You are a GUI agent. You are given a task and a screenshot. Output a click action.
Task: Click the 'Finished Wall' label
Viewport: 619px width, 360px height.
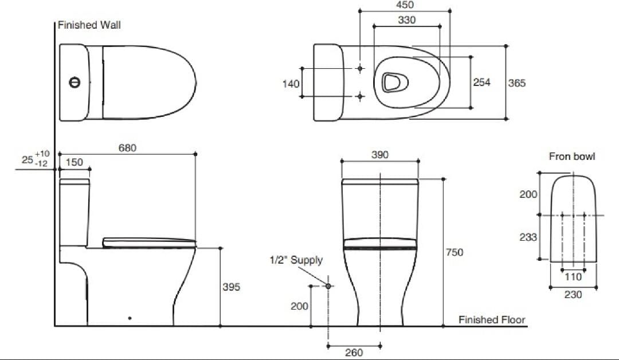(x=89, y=25)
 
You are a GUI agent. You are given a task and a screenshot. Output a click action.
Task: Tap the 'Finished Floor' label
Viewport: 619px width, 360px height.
(x=491, y=320)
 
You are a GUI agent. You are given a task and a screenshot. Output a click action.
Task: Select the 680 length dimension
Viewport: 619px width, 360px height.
(x=127, y=147)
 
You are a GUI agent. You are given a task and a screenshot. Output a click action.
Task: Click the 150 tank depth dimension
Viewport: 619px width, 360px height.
(x=74, y=162)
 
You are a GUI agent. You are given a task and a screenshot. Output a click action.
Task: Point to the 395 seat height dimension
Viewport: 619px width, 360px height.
(x=232, y=287)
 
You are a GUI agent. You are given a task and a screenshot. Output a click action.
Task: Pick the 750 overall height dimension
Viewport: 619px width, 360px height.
(x=455, y=252)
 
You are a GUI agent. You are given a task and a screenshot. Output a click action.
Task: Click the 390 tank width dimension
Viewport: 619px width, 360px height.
(x=380, y=155)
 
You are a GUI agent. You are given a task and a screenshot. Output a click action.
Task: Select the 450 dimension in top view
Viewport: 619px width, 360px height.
(x=405, y=5)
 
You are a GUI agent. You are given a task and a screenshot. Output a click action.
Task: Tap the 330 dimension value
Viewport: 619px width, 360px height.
(x=407, y=20)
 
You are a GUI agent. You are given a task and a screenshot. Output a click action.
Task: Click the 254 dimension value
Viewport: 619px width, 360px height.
(x=482, y=83)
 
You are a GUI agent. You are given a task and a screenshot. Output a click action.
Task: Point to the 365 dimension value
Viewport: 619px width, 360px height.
(x=516, y=83)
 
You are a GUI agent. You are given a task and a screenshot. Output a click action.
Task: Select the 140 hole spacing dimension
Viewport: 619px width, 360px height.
(x=291, y=84)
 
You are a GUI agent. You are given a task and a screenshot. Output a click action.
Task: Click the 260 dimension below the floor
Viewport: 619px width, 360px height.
(x=354, y=353)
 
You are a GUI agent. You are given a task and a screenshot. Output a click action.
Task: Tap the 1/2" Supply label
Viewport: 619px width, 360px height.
(x=296, y=260)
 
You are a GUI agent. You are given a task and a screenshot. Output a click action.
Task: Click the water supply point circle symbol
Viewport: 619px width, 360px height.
(x=328, y=285)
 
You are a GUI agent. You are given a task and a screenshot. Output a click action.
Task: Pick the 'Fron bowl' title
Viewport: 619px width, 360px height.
(x=572, y=156)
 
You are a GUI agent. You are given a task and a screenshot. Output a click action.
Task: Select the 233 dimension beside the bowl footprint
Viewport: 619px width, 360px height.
(x=528, y=237)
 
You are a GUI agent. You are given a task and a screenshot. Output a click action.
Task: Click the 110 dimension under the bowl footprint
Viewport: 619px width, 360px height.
(x=573, y=277)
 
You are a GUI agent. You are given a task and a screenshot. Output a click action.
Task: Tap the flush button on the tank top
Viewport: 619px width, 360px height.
(x=73, y=83)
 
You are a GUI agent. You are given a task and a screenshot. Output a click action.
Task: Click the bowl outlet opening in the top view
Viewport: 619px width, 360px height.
(x=394, y=82)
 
